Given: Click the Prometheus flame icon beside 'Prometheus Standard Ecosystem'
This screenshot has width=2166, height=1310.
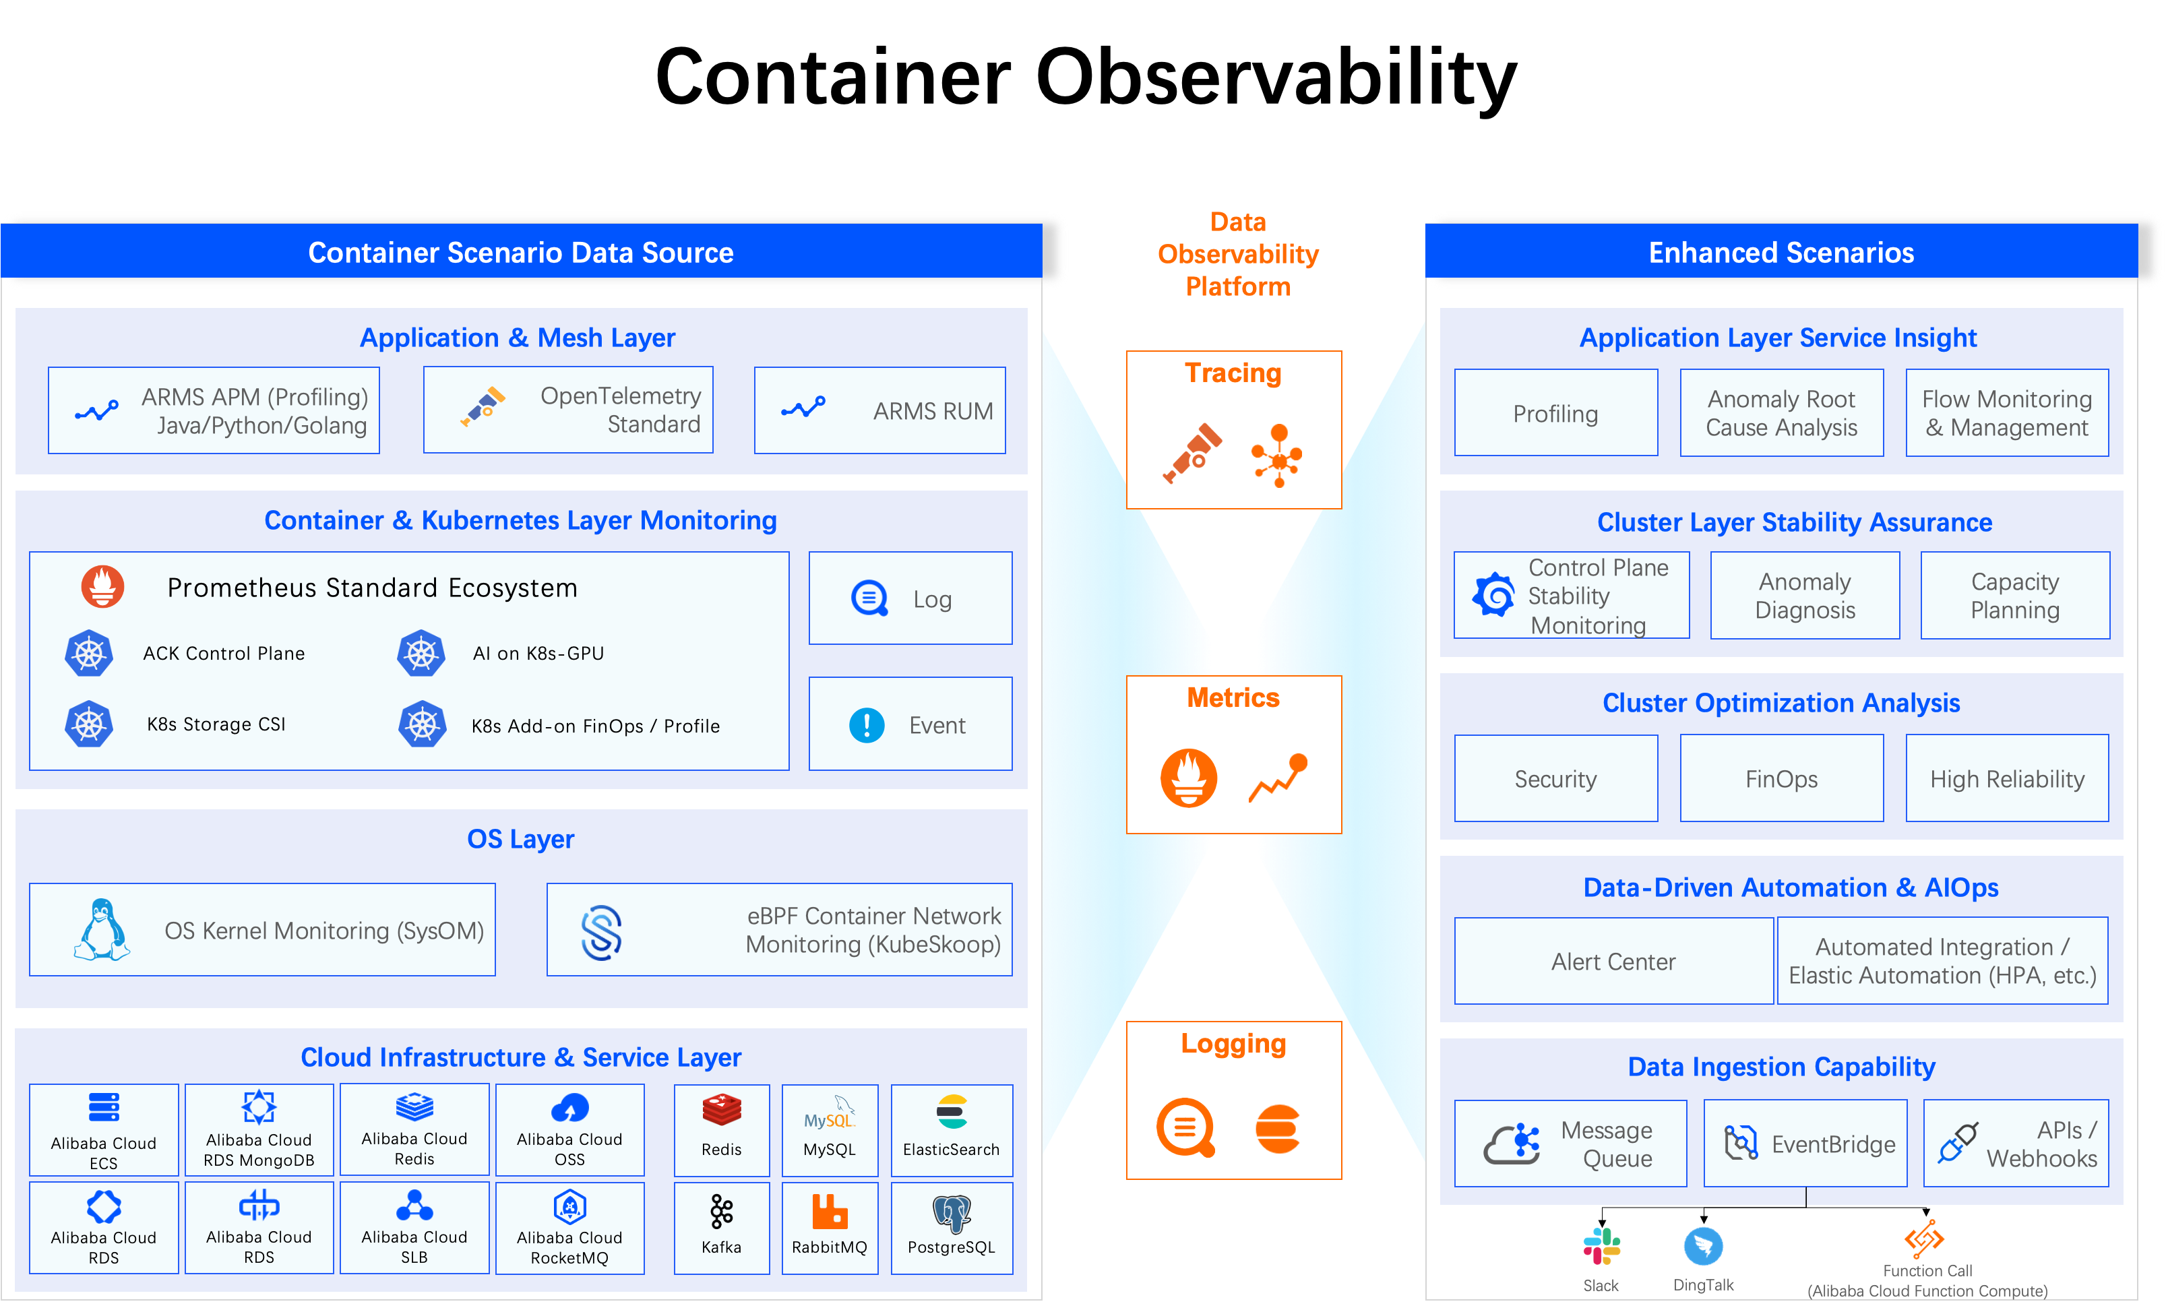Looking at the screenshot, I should [103, 586].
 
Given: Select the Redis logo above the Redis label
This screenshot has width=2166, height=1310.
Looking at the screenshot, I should [722, 1110].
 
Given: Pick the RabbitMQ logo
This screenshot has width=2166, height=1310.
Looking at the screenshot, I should [829, 1211].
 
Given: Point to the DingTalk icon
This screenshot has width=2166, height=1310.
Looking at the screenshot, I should [1703, 1247].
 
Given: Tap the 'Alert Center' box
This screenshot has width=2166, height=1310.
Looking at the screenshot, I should [1613, 961].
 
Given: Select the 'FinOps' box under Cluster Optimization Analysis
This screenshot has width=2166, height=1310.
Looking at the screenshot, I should [1781, 778].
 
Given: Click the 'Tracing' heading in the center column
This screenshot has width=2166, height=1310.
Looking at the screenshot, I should [1233, 373].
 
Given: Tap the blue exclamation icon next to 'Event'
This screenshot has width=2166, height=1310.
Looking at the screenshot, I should [867, 725].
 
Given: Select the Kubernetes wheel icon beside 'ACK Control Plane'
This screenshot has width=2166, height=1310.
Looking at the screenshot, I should [89, 653].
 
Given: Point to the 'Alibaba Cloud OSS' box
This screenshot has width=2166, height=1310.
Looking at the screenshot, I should [569, 1130].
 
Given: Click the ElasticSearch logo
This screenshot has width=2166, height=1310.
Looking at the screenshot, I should [952, 1111].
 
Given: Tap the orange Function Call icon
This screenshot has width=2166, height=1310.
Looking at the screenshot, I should [1924, 1240].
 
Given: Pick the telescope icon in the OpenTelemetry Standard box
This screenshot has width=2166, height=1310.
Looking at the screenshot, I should [483, 406].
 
